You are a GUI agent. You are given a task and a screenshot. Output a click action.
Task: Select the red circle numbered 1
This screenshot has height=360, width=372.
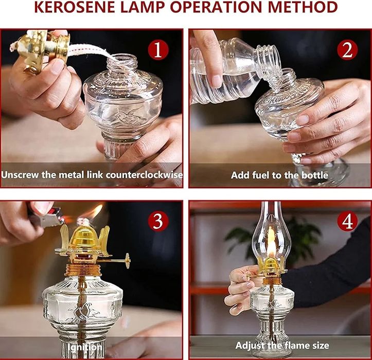tap(158, 50)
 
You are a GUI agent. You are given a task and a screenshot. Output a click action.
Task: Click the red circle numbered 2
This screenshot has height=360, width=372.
tap(347, 50)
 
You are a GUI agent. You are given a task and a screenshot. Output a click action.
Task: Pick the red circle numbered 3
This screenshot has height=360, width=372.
tap(158, 221)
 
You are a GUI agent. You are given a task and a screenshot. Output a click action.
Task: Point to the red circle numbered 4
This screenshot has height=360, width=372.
tap(347, 221)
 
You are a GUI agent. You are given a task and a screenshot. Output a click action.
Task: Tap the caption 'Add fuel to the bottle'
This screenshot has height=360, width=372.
tap(279, 175)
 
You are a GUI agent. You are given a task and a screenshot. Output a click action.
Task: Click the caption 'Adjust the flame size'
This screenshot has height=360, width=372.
tap(282, 346)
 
